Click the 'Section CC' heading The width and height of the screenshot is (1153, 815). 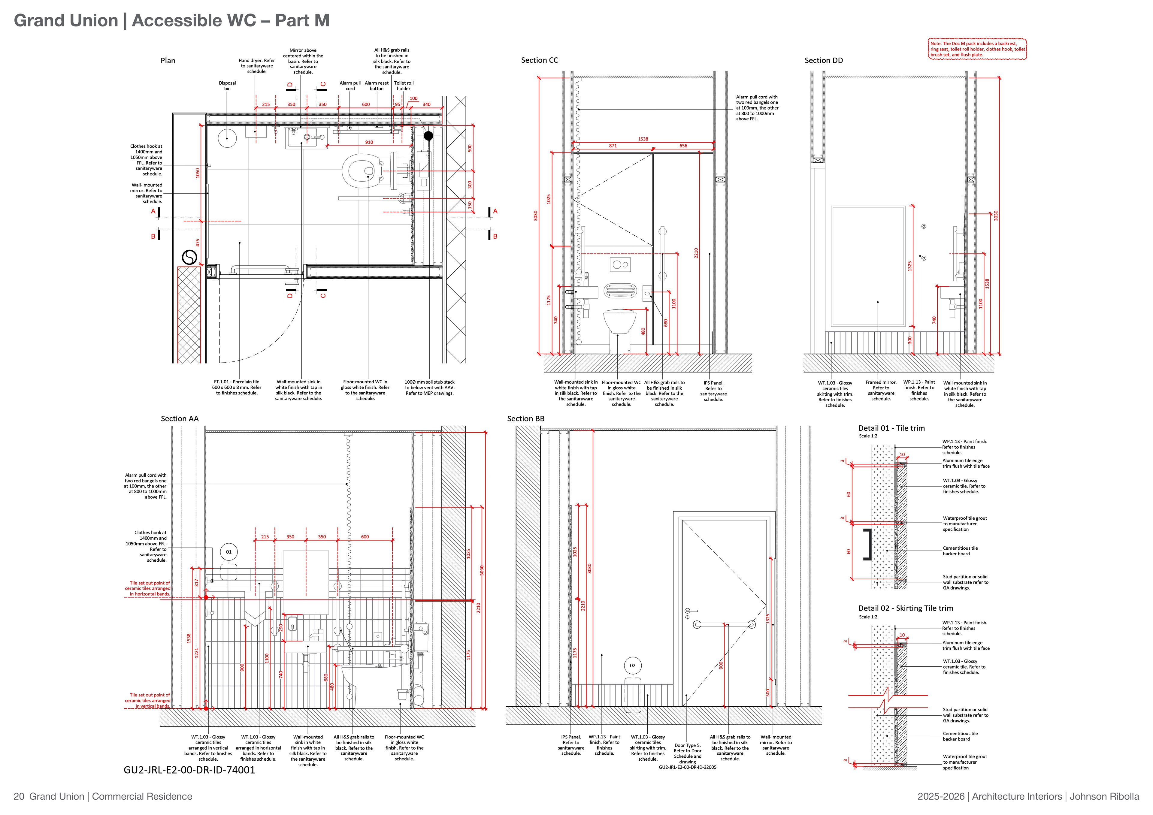coord(539,60)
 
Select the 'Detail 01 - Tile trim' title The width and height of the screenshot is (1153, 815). coord(891,428)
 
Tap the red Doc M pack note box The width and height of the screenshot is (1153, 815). coord(977,49)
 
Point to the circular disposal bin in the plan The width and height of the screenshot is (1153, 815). coord(228,137)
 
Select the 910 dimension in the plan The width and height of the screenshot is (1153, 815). coord(369,142)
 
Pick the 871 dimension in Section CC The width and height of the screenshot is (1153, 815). coord(613,146)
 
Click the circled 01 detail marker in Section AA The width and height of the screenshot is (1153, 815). coord(228,552)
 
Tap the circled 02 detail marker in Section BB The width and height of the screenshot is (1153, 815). coord(633,666)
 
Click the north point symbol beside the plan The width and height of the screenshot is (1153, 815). coord(189,257)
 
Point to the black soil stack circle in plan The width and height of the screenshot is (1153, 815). coord(428,136)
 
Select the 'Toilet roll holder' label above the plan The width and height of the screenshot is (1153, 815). coord(404,86)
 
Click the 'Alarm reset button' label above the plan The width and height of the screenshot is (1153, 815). coord(377,86)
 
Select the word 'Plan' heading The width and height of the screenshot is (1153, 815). coord(168,61)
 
